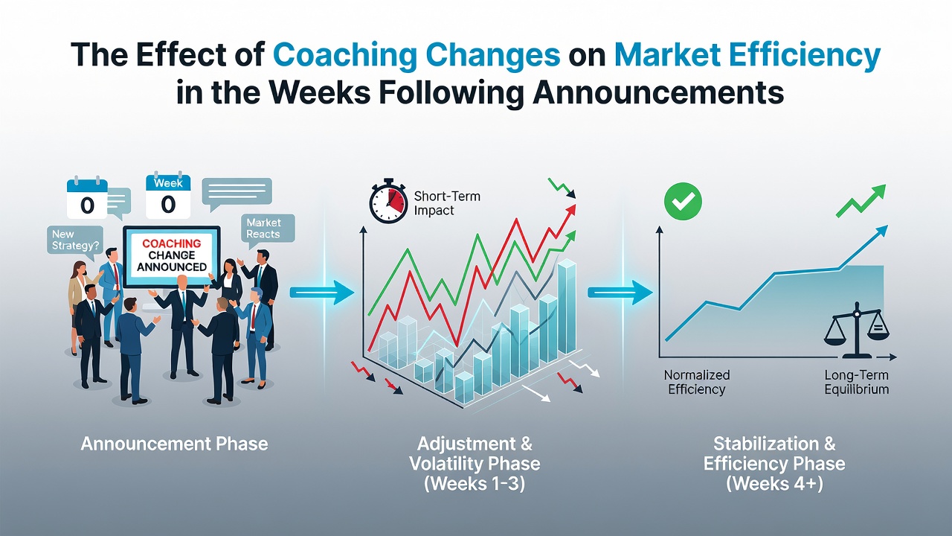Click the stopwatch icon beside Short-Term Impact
388,201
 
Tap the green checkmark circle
683,201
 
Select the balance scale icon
856,330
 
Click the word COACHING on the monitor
172,243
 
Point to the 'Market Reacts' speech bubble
268,231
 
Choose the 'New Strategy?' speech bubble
75,241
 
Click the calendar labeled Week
168,196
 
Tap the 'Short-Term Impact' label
447,203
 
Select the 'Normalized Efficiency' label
697,382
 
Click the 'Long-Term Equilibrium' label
856,382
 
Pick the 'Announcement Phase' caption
174,444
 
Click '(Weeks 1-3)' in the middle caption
475,484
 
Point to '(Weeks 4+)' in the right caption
774,484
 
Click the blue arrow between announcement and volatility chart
322,293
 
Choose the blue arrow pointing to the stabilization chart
620,293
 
